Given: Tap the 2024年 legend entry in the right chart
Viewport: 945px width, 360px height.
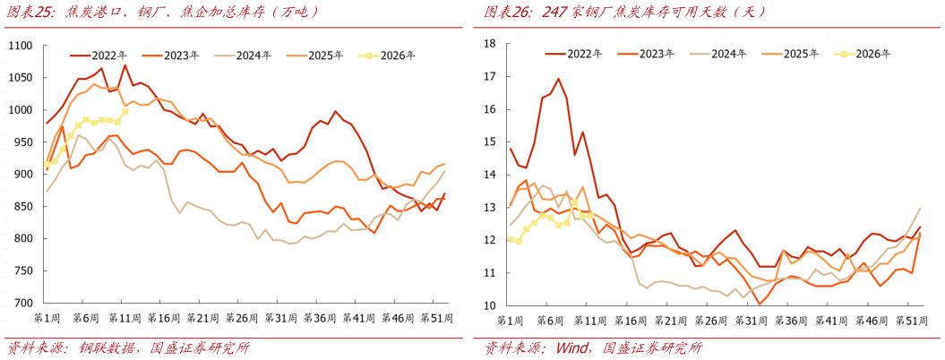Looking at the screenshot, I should point(728,54).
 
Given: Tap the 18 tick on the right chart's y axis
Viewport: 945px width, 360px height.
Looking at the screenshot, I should point(489,43).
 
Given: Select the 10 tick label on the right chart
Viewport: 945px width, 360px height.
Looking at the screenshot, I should point(489,305).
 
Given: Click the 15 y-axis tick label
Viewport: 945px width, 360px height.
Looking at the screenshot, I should point(489,141).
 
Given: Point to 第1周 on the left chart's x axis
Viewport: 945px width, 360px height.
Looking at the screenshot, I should point(47,318).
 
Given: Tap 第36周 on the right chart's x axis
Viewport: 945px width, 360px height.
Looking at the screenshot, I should point(786,320).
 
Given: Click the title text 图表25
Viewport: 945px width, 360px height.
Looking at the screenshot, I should point(24,12).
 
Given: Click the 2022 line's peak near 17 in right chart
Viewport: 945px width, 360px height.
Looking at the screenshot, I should point(558,79).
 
